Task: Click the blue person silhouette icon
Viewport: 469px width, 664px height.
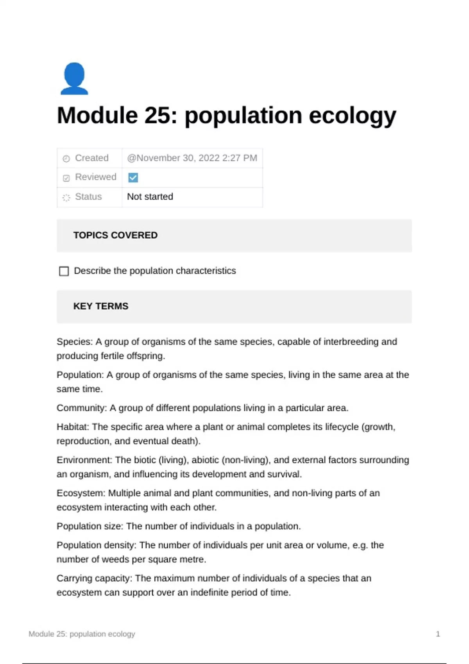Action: (x=74, y=79)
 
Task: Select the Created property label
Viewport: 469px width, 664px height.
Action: (x=91, y=158)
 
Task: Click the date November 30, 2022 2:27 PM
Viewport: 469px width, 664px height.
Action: (x=192, y=158)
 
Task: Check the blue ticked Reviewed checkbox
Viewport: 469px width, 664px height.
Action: (x=133, y=178)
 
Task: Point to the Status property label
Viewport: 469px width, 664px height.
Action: (x=88, y=196)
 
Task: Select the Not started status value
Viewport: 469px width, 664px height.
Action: (x=150, y=196)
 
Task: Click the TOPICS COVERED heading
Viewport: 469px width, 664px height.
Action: (x=115, y=235)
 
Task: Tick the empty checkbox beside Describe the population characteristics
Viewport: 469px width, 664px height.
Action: (x=64, y=271)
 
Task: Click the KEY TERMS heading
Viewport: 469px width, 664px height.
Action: (x=101, y=306)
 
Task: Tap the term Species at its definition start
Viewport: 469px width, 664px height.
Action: (x=73, y=342)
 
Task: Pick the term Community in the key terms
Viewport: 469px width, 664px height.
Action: (x=81, y=408)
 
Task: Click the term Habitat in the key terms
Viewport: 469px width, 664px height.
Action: (x=72, y=427)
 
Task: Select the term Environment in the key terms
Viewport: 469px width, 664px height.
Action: (x=84, y=460)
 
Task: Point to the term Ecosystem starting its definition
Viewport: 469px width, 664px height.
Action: (x=80, y=493)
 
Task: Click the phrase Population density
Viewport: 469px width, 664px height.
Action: (x=96, y=545)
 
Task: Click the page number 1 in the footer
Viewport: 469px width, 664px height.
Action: (x=438, y=634)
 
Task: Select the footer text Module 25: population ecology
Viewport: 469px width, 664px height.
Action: (x=82, y=634)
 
